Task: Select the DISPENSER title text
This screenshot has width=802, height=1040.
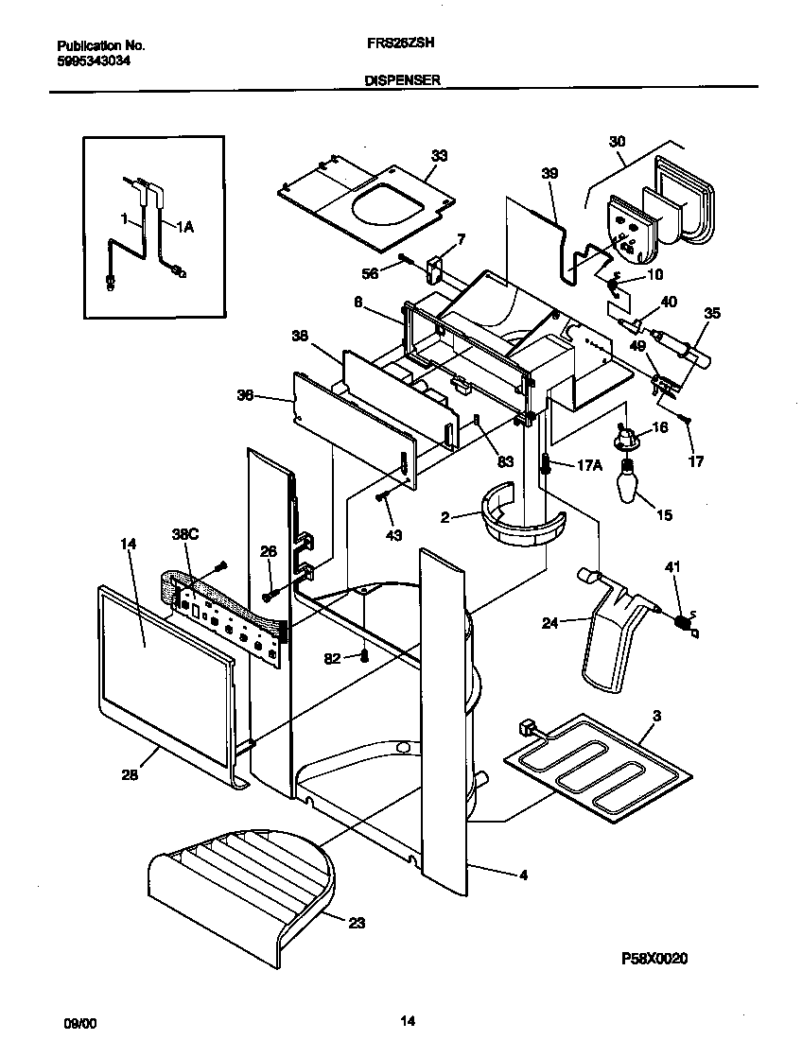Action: [x=402, y=81]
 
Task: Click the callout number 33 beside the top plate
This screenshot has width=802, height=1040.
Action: [x=439, y=156]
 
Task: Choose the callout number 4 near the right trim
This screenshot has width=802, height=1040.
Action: [x=522, y=875]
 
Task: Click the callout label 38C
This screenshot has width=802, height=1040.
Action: [x=184, y=534]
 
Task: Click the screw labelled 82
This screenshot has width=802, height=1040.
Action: [x=364, y=656]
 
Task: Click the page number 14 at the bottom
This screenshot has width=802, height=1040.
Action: [x=408, y=1021]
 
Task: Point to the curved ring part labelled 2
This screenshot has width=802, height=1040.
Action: [x=525, y=529]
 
